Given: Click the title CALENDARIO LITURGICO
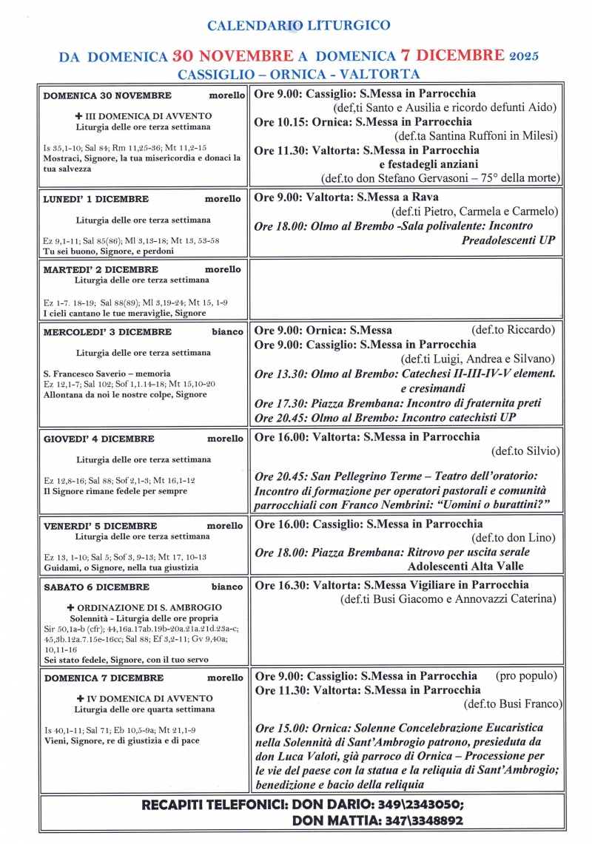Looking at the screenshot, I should pyautogui.click(x=298, y=26).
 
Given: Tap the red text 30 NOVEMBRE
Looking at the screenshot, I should pyautogui.click(x=232, y=56).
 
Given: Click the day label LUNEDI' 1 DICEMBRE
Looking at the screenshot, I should pyautogui.click(x=95, y=199).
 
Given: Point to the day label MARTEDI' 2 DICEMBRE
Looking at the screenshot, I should pyautogui.click(x=100, y=270).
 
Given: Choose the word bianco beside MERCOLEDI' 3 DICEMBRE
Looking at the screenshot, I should pyautogui.click(x=227, y=332).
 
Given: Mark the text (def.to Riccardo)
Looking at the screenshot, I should pyautogui.click(x=513, y=330).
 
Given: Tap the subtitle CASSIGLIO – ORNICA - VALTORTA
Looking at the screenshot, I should pyautogui.click(x=298, y=74).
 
